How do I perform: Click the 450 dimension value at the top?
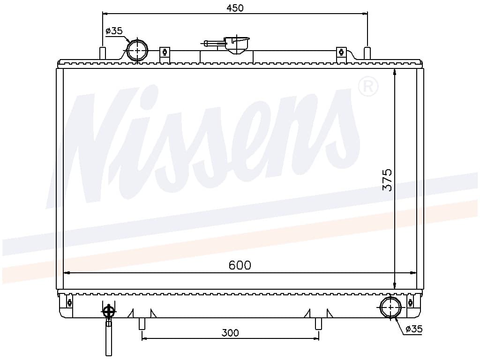pos(235,8)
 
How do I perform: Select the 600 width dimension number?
pos(240,265)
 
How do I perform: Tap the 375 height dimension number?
pos(388,180)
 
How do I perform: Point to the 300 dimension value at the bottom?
pos(230,332)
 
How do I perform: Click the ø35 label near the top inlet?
pos(114,31)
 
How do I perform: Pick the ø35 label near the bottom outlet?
pos(414,329)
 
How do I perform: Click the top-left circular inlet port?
pos(137,50)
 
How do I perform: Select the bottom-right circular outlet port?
pos(390,307)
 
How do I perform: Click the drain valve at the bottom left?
pos(109,328)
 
